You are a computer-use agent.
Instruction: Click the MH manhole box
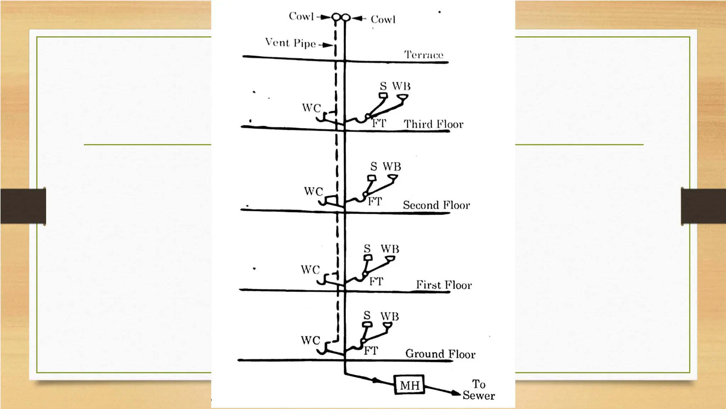coord(409,385)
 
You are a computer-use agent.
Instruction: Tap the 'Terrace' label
coord(424,55)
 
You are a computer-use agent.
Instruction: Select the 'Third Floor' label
coord(433,124)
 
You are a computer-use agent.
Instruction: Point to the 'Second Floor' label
coord(436,205)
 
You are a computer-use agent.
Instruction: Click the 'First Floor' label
coord(443,285)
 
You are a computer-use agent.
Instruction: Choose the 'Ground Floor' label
coord(440,354)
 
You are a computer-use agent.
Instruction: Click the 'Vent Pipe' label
coord(290,43)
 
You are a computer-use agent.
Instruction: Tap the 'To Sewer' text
coord(479,389)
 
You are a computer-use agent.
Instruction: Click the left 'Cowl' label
coord(301,16)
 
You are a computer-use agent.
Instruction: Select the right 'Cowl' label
coord(383,20)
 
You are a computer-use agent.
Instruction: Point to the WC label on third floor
coord(311,108)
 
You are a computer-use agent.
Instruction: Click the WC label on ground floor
coord(310,340)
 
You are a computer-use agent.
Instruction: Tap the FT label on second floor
coord(374,201)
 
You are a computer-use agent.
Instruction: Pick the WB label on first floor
coord(390,249)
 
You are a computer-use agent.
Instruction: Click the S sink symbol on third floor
coord(383,95)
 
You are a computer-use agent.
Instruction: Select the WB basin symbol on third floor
coord(402,97)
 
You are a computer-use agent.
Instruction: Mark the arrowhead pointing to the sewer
coord(455,393)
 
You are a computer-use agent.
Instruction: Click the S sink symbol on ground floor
coord(367,324)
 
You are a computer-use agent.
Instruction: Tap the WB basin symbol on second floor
coord(392,177)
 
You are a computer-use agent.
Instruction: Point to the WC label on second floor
coord(313,192)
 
